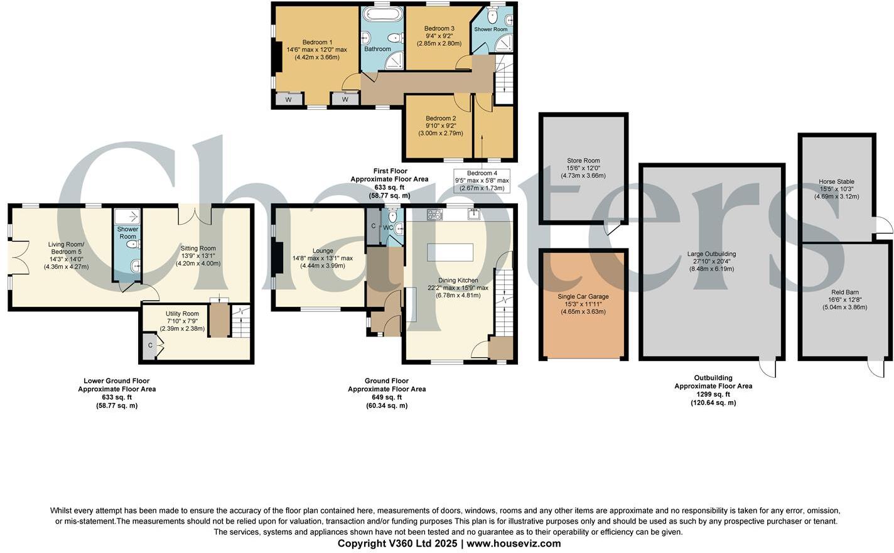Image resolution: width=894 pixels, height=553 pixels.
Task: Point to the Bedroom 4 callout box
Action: [x=482, y=181]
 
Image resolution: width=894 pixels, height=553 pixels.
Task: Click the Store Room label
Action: [x=583, y=161]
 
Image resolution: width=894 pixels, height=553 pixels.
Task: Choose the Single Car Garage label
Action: [x=583, y=296]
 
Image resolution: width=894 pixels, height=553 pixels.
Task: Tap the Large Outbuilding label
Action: [x=711, y=254]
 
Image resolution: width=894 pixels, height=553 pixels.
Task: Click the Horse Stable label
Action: [x=836, y=182]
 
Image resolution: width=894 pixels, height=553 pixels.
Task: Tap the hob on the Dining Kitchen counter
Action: [x=434, y=215]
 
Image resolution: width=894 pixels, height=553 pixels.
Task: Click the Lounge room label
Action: [x=323, y=250]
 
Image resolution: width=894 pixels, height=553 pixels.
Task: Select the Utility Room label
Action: [x=182, y=314]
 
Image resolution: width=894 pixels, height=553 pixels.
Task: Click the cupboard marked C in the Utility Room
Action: [x=150, y=346]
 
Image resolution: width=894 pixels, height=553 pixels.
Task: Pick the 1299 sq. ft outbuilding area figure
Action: [x=713, y=394]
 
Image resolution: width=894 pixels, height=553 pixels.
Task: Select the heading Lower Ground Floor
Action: [x=117, y=381]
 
